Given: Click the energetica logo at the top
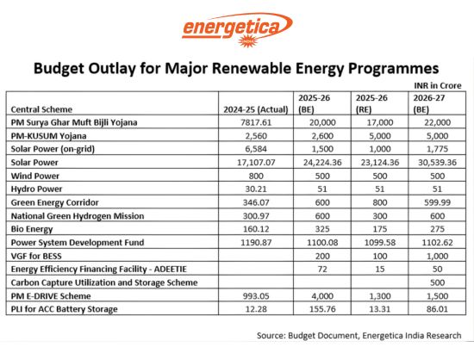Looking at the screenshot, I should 236,28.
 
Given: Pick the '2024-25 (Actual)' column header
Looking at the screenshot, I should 253,109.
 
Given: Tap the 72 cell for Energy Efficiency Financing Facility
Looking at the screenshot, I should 313,270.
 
